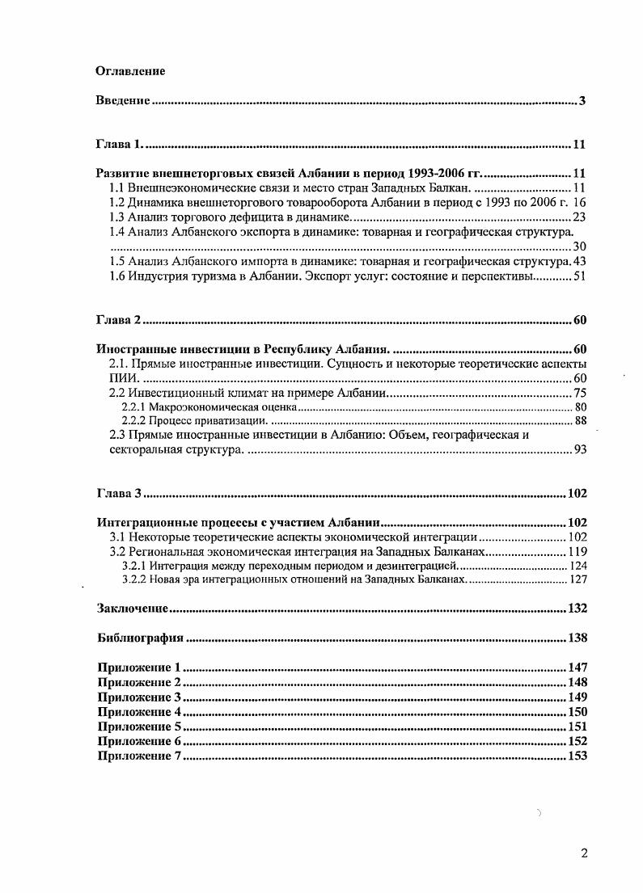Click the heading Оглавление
coord(130,71)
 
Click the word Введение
coord(123,101)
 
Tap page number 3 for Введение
coord(582,101)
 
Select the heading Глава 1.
coord(119,145)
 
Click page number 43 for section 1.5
coord(578,262)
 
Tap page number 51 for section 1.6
coord(578,276)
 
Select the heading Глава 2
coord(119,320)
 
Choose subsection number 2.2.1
coord(133,407)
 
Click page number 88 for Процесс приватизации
coord(579,421)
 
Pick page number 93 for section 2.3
coord(579,449)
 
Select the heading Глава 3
coord(119,493)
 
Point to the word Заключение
coord(132,608)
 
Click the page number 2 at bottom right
coord(584,854)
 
